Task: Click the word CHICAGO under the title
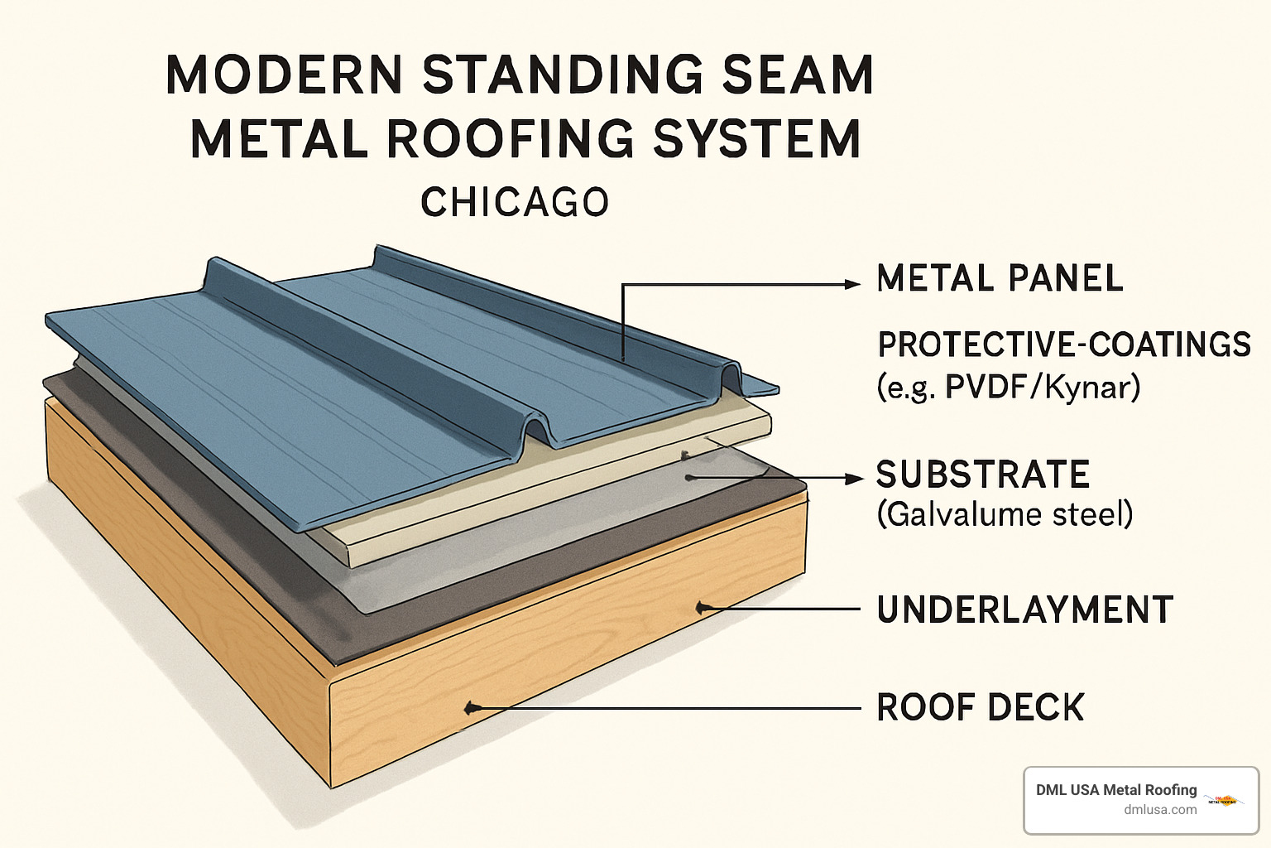(x=515, y=203)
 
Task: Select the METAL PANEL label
(x=1000, y=279)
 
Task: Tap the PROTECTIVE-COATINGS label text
(x=1064, y=344)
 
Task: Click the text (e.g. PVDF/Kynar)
(x=1008, y=388)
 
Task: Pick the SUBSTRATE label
(x=983, y=475)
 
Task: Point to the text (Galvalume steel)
(x=1005, y=515)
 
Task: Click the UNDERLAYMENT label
(x=1024, y=610)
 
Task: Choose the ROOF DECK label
(x=980, y=708)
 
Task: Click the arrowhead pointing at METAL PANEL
(x=851, y=284)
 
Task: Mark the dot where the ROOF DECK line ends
(x=471, y=708)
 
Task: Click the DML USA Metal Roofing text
(x=1116, y=790)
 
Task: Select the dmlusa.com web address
(x=1160, y=810)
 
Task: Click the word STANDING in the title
(x=564, y=75)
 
